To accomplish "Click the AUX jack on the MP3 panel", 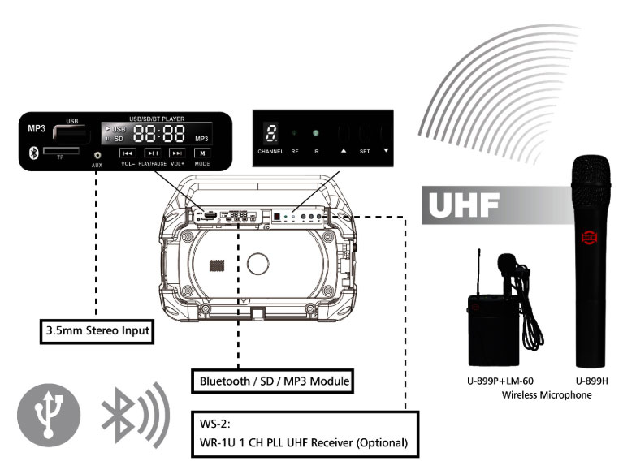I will point(97,154).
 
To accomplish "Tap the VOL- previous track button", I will point(126,153).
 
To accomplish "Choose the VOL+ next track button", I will point(177,153).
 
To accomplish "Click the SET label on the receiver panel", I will point(366,151).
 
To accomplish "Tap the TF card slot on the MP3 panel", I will point(60,151).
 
